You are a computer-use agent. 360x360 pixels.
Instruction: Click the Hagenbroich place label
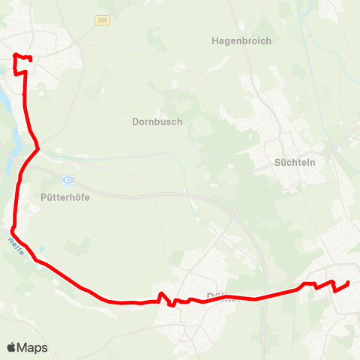[x=241, y=41]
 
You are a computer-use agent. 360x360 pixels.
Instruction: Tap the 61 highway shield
[x=67, y=180]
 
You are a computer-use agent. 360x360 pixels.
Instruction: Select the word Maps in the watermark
[x=33, y=347]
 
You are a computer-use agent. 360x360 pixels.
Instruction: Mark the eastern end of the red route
[x=349, y=283]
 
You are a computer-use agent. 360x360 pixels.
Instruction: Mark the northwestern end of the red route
[x=15, y=54]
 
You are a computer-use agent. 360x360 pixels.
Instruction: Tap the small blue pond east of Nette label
[x=42, y=248]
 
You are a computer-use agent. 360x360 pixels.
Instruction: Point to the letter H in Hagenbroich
[x=215, y=41]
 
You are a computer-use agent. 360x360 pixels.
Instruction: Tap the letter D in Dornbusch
[x=135, y=121]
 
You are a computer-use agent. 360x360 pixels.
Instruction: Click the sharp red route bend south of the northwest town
[x=37, y=147]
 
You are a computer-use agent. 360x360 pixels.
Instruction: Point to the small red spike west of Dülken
[x=162, y=293]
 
